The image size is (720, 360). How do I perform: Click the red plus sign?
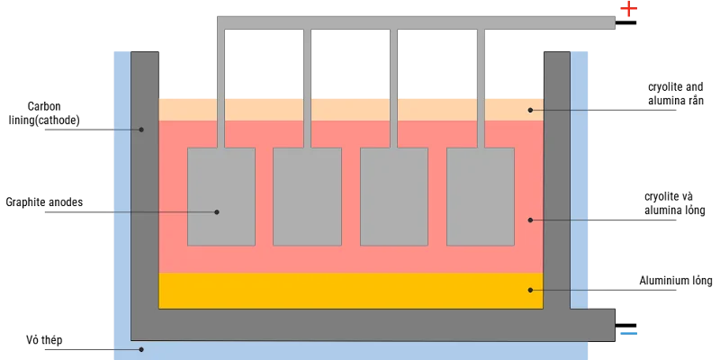click(628, 10)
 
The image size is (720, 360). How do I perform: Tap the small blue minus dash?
click(629, 335)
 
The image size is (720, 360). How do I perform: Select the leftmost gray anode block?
click(221, 196)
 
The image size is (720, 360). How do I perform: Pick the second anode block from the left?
click(307, 196)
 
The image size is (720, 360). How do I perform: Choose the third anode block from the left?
click(394, 196)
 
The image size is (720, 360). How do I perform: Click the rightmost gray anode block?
click(481, 196)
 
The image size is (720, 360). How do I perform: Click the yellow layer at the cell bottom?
click(351, 291)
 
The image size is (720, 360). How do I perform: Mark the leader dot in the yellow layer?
click(531, 290)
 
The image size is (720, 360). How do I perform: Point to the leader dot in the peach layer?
click(531, 110)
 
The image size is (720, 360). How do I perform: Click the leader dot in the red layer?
click(531, 220)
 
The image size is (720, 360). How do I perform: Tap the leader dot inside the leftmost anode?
click(217, 212)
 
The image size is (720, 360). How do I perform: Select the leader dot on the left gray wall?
click(141, 130)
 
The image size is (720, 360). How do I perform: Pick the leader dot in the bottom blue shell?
click(141, 349)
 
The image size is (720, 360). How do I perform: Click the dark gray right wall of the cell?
click(556, 180)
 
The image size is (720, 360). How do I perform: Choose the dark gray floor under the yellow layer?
click(351, 324)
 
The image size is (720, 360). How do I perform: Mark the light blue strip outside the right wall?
click(580, 180)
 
